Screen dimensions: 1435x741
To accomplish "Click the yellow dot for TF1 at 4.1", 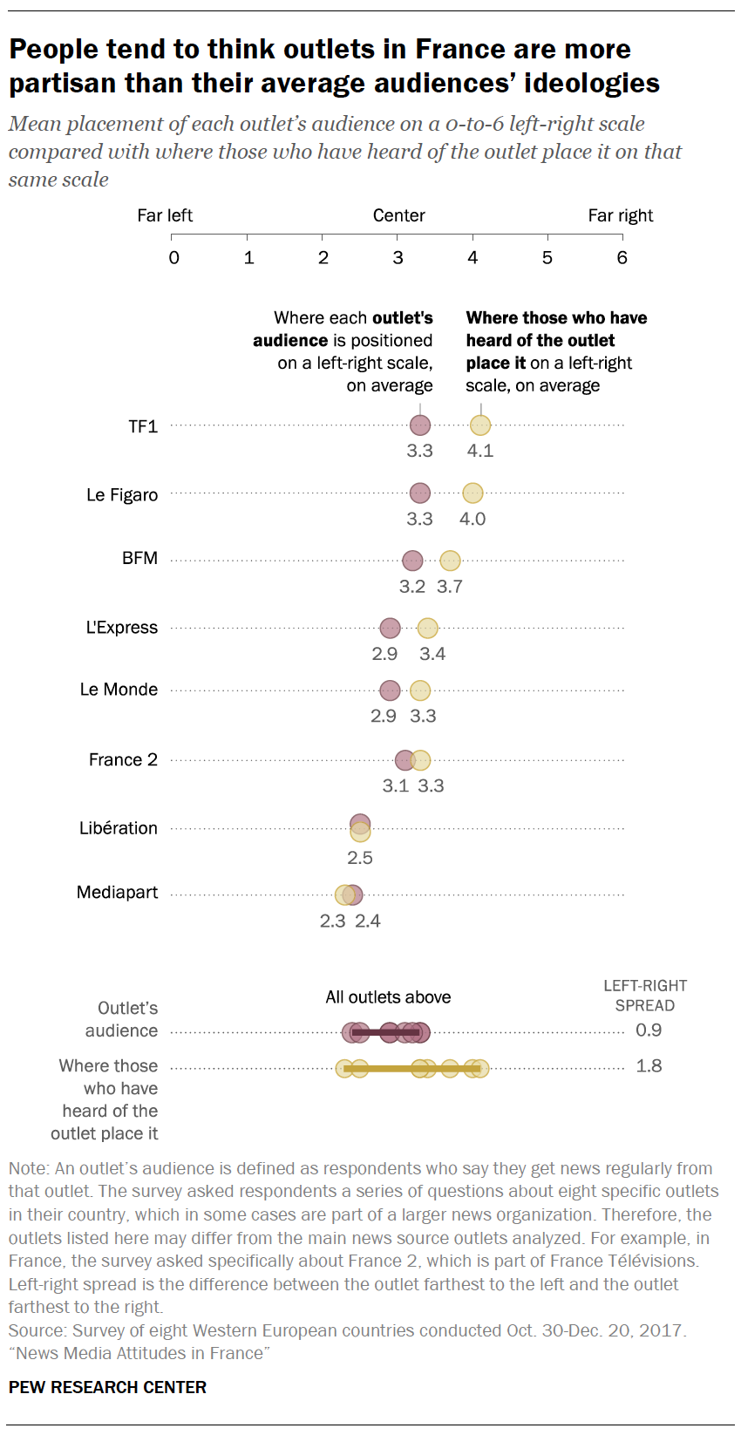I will click(480, 425).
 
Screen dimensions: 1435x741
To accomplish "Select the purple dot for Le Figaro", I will click(420, 493).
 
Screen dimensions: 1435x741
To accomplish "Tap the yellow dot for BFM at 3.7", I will click(450, 561).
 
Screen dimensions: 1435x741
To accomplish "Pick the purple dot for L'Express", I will click(390, 628).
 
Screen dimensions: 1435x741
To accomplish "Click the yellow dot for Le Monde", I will click(420, 690).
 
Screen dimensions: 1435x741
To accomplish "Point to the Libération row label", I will click(119, 828).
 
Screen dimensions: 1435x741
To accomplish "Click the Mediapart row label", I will click(118, 893).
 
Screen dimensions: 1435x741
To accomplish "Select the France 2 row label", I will click(123, 760).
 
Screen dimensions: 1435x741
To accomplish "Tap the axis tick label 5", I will click(547, 258).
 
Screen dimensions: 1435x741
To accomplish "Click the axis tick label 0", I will click(174, 258).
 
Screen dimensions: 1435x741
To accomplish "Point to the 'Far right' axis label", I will click(621, 215).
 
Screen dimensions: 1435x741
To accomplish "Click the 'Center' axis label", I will click(399, 215).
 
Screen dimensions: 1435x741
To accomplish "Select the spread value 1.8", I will click(649, 1066).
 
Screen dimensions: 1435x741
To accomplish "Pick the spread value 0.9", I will click(649, 1030).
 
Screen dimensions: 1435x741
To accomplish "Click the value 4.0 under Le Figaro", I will click(472, 520).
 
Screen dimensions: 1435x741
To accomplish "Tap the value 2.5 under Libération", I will click(360, 858).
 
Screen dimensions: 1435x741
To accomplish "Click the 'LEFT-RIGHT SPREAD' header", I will click(645, 996).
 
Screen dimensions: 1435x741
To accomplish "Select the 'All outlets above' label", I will click(388, 997).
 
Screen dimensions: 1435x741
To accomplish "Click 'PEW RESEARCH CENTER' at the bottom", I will click(108, 1387).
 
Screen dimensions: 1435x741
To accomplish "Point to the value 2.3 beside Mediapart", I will click(333, 922).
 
